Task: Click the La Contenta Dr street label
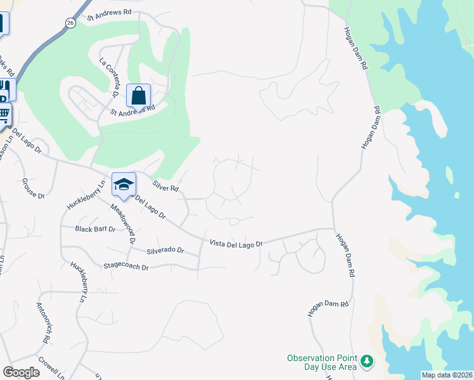[x=110, y=77]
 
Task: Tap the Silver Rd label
[x=166, y=186]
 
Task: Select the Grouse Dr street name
[x=34, y=188]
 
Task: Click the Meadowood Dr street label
[x=123, y=224]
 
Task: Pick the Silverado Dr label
[x=165, y=251]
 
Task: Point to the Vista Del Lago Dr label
[x=236, y=243]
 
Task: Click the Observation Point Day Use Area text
[x=321, y=363]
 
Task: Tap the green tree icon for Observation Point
[x=366, y=361]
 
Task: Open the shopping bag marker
[x=139, y=96]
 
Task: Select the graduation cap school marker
[x=124, y=184]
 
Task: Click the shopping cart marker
[x=4, y=115]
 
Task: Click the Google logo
[x=21, y=372]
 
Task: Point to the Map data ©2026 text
[x=447, y=375]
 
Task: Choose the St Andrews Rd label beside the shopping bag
[x=133, y=111]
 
